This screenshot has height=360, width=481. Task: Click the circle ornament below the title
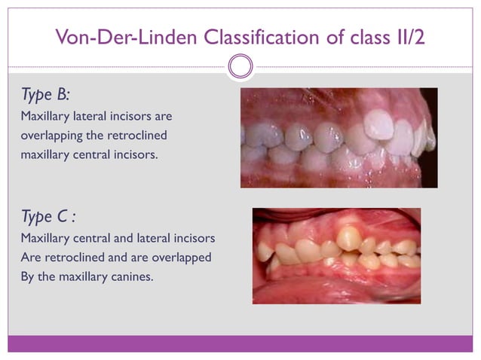[x=240, y=66]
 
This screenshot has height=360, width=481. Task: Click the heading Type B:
[x=45, y=95]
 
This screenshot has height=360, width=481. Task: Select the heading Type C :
[x=48, y=218]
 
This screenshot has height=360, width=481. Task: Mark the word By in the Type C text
[x=28, y=276]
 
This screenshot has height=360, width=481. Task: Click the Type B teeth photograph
[x=339, y=138]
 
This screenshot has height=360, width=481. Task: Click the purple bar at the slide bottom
[x=240, y=343]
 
